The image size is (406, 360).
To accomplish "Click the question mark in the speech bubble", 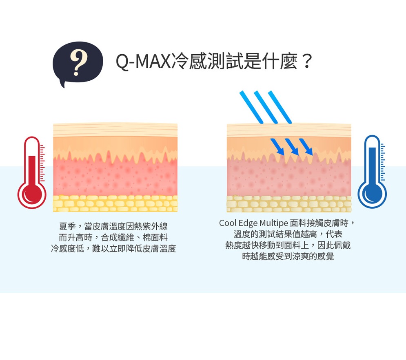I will (x=78, y=62).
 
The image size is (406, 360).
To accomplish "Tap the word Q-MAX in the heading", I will (x=142, y=62).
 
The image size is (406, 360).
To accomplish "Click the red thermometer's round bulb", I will (x=31, y=195).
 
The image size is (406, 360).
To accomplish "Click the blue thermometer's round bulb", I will (x=372, y=194).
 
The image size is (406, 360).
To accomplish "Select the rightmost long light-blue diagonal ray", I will (x=280, y=107).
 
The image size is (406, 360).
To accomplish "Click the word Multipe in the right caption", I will (x=273, y=223).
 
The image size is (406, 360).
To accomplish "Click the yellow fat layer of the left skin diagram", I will (x=115, y=203).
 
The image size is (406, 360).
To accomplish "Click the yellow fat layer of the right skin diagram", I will (x=288, y=204).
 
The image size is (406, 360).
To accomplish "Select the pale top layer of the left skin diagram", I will (x=115, y=130).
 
